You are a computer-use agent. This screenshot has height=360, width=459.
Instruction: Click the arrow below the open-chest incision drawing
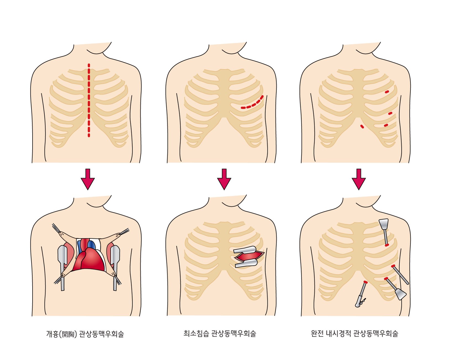pos(88,179)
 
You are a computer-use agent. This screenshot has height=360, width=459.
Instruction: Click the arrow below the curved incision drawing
pos(224,179)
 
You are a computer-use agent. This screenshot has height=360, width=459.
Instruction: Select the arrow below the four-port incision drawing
pos(359,179)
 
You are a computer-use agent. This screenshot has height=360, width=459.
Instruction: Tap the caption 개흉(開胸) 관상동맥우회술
pos(85,334)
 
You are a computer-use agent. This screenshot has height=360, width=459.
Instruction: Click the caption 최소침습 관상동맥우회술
pos(220,334)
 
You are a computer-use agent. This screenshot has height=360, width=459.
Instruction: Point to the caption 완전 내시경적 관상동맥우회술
pos(354,334)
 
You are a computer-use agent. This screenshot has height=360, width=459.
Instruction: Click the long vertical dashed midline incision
pos(89,100)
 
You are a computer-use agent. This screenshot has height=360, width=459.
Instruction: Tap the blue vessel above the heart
pos(91,244)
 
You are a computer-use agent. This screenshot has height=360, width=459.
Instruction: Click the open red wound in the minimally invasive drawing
pos(248,256)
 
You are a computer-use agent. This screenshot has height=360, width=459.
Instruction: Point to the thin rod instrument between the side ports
pos(400,274)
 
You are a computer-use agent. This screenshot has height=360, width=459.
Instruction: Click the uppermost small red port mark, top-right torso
pos(387,92)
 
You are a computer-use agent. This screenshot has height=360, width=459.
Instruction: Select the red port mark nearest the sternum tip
pos(362,127)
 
